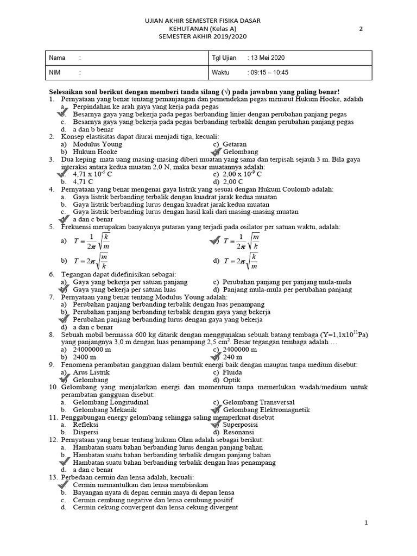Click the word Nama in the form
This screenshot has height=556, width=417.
tap(57, 58)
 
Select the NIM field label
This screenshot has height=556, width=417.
tap(56, 72)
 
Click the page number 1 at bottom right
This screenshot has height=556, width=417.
tap(367, 522)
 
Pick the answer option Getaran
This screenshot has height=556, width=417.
tap(235, 144)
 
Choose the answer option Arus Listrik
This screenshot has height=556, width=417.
tap(91, 372)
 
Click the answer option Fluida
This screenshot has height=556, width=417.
tap(232, 372)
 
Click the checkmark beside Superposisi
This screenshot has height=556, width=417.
tap(217, 424)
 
